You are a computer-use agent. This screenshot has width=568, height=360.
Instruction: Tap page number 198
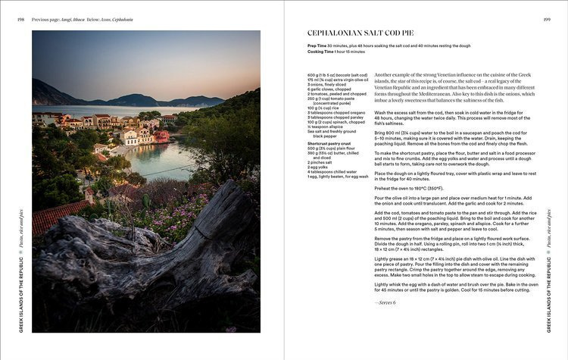pyautogui.click(x=20, y=19)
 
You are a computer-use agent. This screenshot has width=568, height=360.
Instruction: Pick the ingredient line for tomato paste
pyautogui.click(x=333, y=98)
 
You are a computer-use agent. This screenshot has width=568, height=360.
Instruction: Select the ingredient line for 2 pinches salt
pyautogui.click(x=321, y=161)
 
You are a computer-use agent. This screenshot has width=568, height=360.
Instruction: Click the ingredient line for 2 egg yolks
pyautogui.click(x=320, y=166)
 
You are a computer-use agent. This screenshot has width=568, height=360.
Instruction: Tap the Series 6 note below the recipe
pyautogui.click(x=385, y=302)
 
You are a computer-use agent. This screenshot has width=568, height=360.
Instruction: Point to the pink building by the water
pyautogui.click(x=161, y=136)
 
